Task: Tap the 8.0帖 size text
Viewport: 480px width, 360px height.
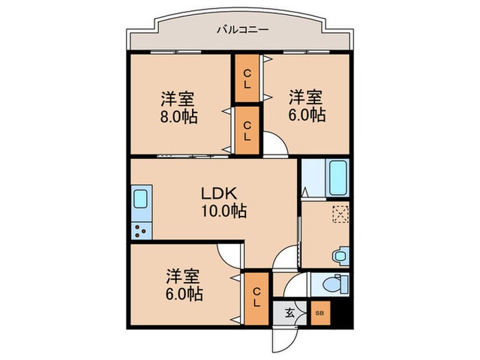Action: point(180,117)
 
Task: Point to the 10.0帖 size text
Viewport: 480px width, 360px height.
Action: point(223,211)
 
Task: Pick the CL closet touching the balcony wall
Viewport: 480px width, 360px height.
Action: point(246,79)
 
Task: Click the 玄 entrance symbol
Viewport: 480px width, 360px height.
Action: point(289,313)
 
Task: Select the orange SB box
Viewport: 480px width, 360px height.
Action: point(319,313)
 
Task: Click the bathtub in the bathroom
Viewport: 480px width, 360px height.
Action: point(338,178)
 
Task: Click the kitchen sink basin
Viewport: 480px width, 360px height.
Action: point(140,200)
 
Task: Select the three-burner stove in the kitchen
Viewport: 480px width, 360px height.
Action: point(140,230)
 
